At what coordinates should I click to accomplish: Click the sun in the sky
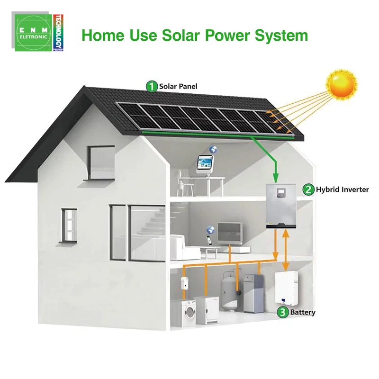[x=341, y=85]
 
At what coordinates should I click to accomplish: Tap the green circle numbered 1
[x=152, y=86]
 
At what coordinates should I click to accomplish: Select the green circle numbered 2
[x=308, y=189]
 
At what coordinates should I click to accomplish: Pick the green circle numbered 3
[x=282, y=312]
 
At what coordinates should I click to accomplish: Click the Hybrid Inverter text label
[x=342, y=189]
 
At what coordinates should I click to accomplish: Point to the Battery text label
[x=303, y=312]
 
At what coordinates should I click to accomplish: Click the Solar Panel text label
[x=178, y=86]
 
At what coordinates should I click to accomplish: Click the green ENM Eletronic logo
[x=33, y=33]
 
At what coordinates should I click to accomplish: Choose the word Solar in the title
[x=181, y=35]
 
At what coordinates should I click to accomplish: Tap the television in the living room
[x=230, y=233]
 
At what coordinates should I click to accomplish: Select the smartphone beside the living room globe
[x=209, y=240]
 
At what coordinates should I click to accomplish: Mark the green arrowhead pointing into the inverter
[x=276, y=178]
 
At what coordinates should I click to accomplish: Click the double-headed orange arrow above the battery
[x=286, y=250]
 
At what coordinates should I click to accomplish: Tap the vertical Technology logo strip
[x=58, y=33]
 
